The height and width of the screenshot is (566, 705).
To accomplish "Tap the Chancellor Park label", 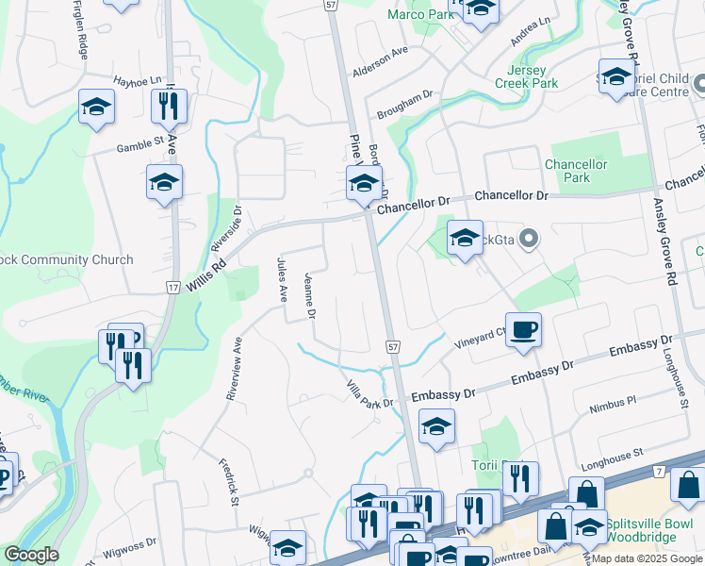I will pos(580,171).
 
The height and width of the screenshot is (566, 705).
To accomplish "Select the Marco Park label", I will pos(419,14).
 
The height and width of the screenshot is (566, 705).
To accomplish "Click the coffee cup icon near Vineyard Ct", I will pos(523,330).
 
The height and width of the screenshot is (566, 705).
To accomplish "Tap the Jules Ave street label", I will pos(281,279).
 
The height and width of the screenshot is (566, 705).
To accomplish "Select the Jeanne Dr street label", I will pos(310,295).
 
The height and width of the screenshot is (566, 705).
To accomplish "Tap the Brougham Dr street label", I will pos(404,101).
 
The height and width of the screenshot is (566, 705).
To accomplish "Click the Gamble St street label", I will pos(140,143).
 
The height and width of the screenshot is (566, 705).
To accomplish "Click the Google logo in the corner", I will pos(31,555).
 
